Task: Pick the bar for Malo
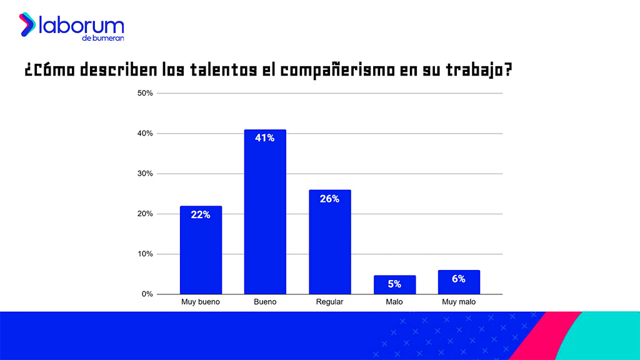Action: (x=394, y=285)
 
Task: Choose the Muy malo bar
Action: (x=459, y=282)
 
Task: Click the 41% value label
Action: (x=265, y=138)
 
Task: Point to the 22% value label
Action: (x=201, y=214)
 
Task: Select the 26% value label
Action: (x=329, y=199)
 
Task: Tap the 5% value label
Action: (x=394, y=284)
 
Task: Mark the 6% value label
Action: (x=459, y=279)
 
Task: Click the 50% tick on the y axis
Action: (x=145, y=93)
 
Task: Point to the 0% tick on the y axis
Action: (x=147, y=294)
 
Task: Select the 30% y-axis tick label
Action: (x=145, y=174)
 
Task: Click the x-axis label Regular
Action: (x=329, y=302)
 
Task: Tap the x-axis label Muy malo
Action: (x=459, y=302)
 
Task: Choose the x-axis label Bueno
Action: (x=265, y=302)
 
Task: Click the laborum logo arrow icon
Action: (x=27, y=24)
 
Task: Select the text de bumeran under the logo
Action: (x=102, y=38)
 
